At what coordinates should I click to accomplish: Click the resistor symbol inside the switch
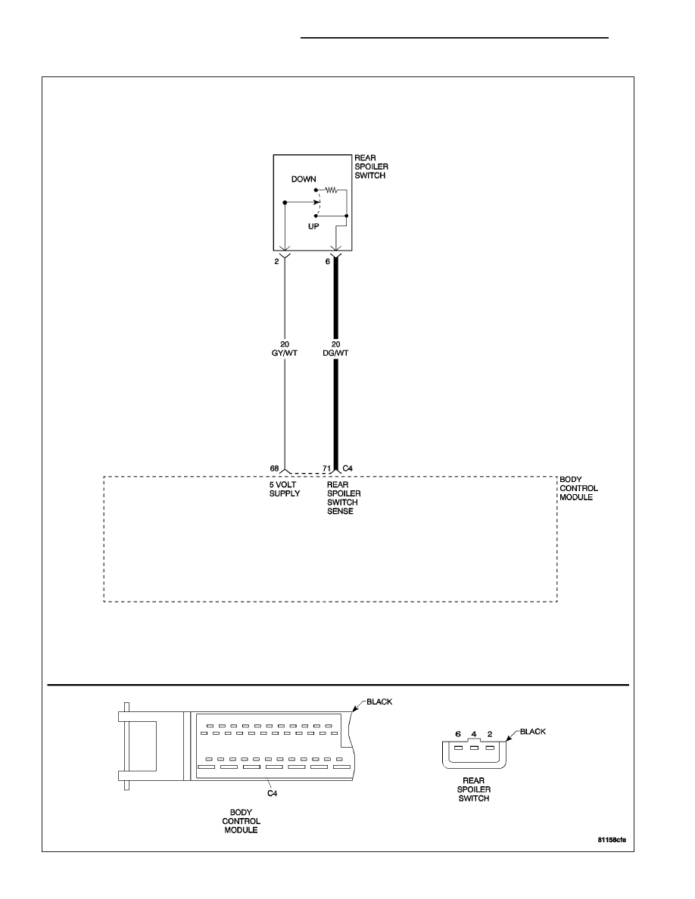click(x=331, y=189)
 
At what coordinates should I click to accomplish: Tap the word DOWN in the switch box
click(x=304, y=179)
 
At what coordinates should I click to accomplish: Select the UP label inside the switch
click(x=313, y=226)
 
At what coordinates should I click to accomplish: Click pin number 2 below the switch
click(x=276, y=261)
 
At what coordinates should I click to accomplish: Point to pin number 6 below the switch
click(x=328, y=261)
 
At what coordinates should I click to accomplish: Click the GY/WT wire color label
click(x=285, y=353)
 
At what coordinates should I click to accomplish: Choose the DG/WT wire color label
click(x=335, y=353)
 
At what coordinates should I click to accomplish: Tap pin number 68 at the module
click(x=275, y=468)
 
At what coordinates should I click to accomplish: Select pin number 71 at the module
click(x=326, y=468)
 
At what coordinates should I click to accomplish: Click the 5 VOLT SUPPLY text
click(x=285, y=489)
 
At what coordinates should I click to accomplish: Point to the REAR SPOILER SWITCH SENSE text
click(x=344, y=498)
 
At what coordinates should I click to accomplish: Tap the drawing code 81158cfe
click(x=612, y=840)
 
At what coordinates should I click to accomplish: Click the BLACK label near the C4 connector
click(x=379, y=701)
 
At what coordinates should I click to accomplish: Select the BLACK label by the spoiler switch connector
click(x=533, y=732)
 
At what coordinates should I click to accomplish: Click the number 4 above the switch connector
click(x=474, y=734)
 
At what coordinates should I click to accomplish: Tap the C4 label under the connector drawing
click(x=273, y=794)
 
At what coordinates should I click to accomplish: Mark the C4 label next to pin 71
click(x=347, y=468)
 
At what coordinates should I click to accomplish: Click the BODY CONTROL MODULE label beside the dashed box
click(x=578, y=489)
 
